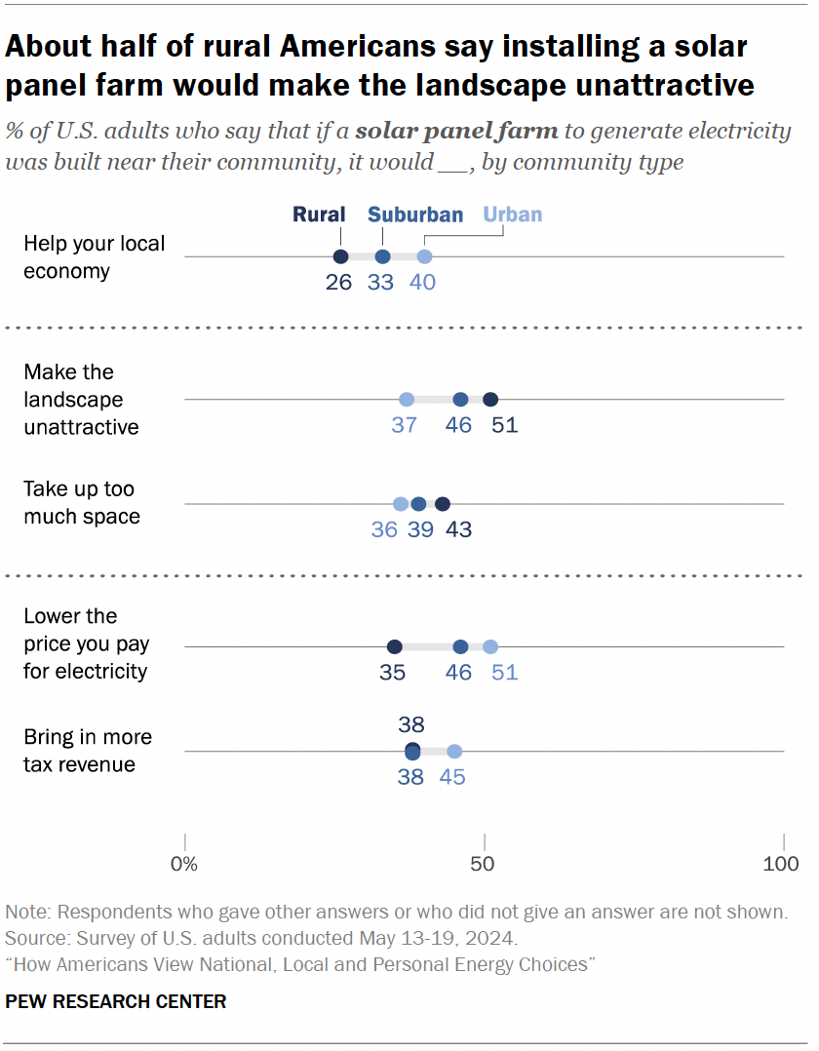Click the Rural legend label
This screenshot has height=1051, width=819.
tap(321, 214)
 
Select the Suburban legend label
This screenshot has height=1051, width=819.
tap(415, 214)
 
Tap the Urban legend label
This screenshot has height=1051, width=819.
tap(513, 214)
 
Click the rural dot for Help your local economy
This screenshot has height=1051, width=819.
tap(340, 256)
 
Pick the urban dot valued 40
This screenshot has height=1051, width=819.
tap(424, 256)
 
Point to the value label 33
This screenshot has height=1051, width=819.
tap(381, 283)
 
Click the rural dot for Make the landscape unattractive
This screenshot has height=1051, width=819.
tap(490, 399)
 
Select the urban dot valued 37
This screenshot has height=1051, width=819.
tap(407, 399)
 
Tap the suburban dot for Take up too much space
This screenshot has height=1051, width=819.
tap(418, 504)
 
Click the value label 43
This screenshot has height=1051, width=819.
tap(458, 529)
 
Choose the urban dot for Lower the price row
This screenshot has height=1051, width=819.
tap(490, 646)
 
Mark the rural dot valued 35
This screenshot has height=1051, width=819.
tap(395, 646)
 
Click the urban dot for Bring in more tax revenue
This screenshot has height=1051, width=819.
tap(454, 751)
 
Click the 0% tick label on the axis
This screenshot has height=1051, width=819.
tap(184, 864)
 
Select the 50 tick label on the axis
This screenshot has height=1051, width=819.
tap(484, 864)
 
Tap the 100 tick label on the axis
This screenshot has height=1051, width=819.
tap(781, 864)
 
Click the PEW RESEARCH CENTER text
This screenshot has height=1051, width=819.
tap(116, 1001)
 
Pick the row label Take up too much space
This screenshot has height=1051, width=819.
tap(81, 502)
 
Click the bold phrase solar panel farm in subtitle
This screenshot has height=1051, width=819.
tap(456, 131)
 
